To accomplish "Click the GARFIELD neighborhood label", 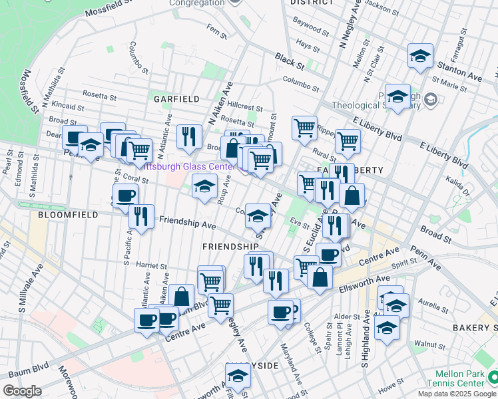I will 176,98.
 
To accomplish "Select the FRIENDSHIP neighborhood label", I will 230,247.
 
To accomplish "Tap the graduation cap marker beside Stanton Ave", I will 420,57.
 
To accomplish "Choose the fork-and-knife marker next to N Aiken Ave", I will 190,137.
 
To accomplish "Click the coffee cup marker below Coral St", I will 125,196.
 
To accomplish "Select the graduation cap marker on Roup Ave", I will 204,187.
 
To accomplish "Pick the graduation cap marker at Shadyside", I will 238,378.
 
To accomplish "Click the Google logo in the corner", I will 23,390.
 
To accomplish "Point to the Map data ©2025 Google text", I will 457,394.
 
